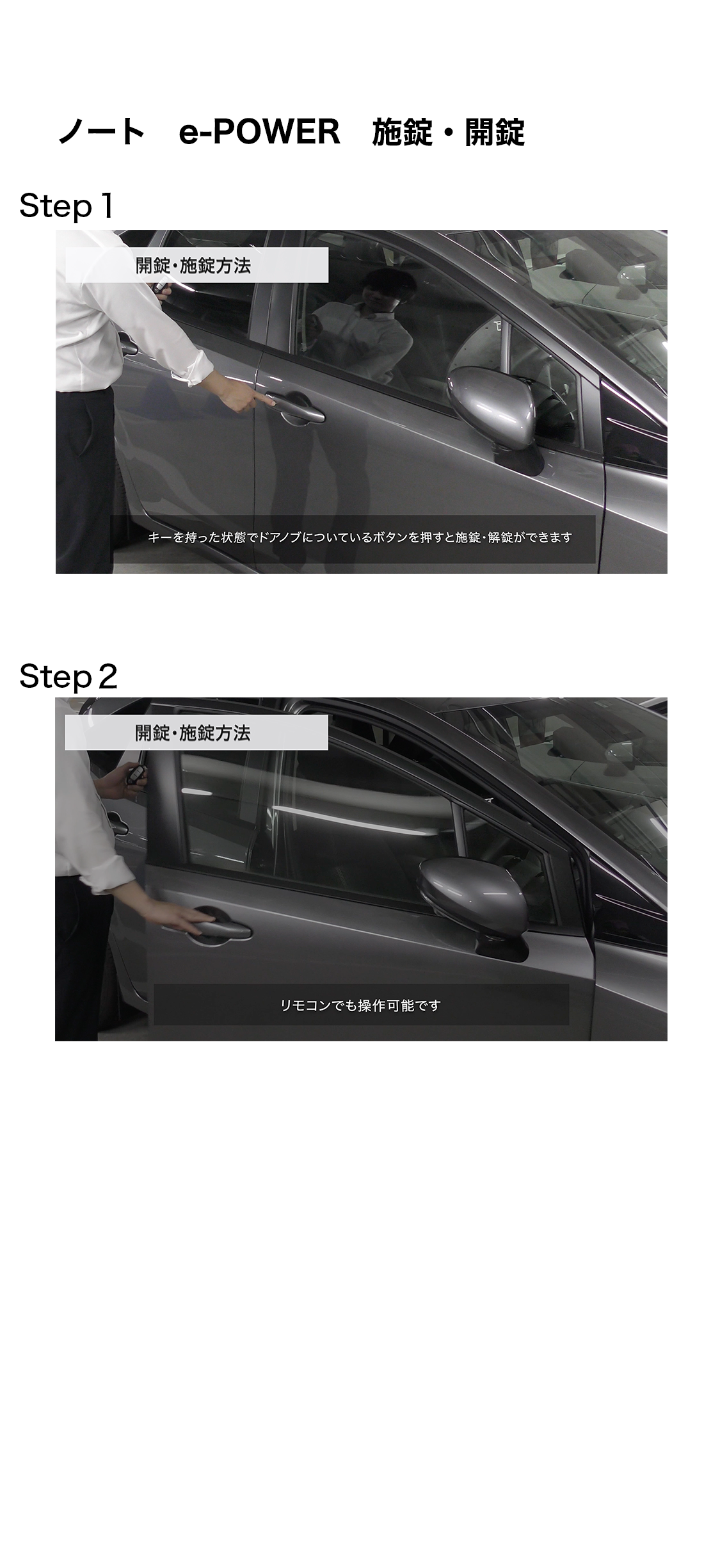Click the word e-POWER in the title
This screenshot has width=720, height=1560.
(259, 133)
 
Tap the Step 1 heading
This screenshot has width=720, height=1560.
(67, 206)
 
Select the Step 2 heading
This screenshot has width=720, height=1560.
(68, 677)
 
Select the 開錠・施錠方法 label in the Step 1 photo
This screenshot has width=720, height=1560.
(193, 265)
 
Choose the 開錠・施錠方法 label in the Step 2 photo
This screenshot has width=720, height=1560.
(193, 733)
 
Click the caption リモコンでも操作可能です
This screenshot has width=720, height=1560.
(360, 1005)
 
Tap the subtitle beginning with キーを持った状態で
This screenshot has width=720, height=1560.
(360, 537)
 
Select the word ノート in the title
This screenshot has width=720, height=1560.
(102, 133)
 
